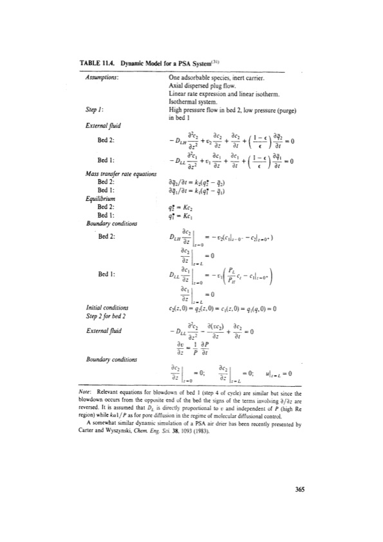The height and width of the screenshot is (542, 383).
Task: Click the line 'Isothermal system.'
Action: point(187,100)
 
